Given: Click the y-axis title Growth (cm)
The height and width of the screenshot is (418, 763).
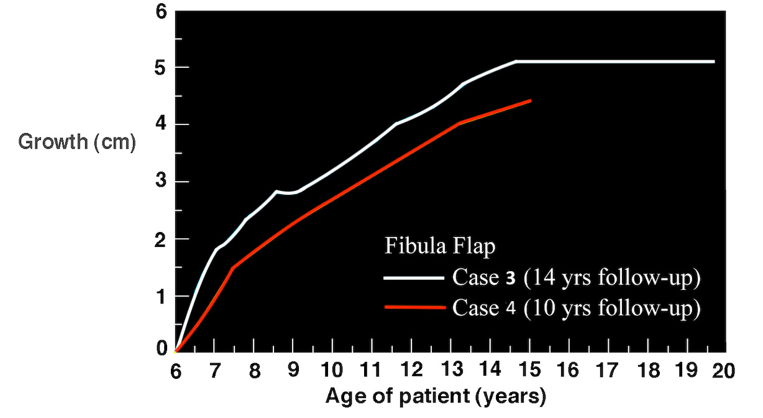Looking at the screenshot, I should pos(76,142).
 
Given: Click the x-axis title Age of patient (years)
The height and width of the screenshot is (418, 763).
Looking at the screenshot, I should pos(435,396).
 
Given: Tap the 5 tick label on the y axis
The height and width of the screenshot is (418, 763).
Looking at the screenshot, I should pos(161,67).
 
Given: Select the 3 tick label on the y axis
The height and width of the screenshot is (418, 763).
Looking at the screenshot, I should pos(161,182).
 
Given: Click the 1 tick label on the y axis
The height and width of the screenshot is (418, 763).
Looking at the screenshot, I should pos(161,296).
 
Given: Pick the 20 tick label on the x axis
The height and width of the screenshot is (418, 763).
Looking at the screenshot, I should pos(724,371).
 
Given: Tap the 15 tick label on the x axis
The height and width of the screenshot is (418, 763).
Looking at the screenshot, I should pos(528,371).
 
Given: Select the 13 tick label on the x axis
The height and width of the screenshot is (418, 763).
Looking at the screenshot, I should pos(450,371).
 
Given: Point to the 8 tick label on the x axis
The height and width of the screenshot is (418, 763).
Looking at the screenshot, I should pos(254,371).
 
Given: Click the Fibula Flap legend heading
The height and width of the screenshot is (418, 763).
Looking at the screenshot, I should pos(440,246).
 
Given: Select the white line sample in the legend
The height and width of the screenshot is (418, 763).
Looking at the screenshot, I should pos(414,278).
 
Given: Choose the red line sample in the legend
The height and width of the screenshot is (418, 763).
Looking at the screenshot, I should pos(414,307).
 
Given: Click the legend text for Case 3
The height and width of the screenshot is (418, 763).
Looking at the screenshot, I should pos(576,278).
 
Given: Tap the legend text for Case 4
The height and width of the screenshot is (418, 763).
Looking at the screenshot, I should pos(576,307).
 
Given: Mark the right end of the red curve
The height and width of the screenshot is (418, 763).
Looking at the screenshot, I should pos(531,100).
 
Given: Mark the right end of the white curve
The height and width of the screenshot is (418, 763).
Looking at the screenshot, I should pos(714,62).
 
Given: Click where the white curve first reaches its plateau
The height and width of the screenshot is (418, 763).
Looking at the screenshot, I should pos(516,62).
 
